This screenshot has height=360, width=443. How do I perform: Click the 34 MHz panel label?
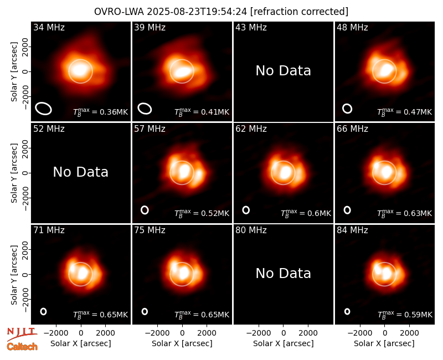coord(49,27)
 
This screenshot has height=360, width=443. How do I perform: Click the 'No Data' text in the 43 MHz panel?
coord(283,71)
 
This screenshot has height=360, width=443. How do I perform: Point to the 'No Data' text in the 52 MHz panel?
coord(80,172)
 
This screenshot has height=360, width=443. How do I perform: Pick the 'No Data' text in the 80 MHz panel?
coord(283,273)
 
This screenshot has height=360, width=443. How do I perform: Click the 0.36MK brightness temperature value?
coord(110,112)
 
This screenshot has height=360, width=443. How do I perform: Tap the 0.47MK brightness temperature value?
coord(414,112)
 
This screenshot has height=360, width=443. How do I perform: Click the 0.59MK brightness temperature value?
coord(414,315)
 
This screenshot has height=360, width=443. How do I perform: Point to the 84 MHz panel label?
coord(352,230)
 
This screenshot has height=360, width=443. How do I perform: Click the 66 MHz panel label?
coord(352,129)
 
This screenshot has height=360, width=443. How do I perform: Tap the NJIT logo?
coord(22,333)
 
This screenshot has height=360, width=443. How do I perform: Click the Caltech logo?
coord(22,347)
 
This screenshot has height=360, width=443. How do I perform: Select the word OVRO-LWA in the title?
coord(119,12)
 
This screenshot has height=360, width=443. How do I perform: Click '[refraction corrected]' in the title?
coord(300,12)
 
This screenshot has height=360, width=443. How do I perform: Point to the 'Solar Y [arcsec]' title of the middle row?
coord(14,173)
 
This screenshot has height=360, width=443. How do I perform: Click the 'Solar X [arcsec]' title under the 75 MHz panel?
coord(182,343)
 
